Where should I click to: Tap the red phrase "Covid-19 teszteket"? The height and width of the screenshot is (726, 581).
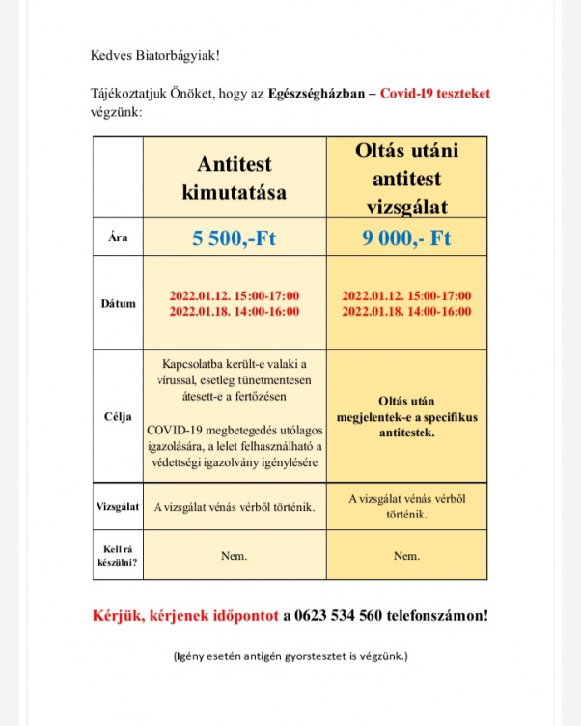[x=435, y=94]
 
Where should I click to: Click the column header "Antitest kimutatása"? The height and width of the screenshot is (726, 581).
[x=234, y=179]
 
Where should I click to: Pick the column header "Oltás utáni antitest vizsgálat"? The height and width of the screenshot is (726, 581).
[x=406, y=179]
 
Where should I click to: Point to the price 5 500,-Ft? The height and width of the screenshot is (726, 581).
[x=234, y=238]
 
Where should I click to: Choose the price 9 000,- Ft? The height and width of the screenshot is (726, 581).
[x=406, y=238]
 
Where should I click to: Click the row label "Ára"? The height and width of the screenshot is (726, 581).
[x=118, y=238]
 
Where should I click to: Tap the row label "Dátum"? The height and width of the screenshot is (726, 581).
[x=118, y=303]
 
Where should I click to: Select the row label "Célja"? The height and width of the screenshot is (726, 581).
[x=118, y=417]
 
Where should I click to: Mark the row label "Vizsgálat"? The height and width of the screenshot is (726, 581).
[x=118, y=507]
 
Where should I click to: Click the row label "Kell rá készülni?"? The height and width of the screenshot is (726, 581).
[x=118, y=555]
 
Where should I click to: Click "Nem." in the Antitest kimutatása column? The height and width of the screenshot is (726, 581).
[x=234, y=556]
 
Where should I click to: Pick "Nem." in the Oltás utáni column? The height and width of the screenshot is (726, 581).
[x=406, y=556]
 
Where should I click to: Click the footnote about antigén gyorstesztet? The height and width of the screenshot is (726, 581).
[x=290, y=656]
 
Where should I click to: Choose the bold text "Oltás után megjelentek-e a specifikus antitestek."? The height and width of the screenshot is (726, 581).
[x=406, y=417]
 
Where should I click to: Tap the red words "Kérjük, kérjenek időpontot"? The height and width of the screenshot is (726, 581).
[x=185, y=615]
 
